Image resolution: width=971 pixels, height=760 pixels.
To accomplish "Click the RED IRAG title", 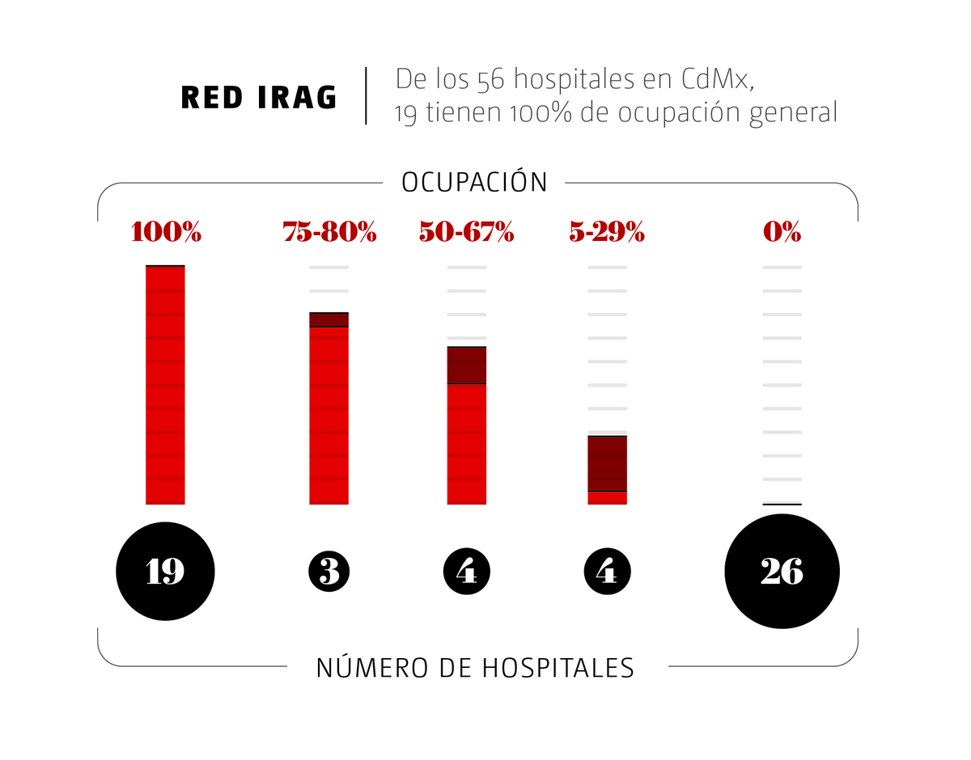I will pyautogui.click(x=259, y=97).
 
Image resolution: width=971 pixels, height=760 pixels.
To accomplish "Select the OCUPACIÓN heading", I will pyautogui.click(x=474, y=182).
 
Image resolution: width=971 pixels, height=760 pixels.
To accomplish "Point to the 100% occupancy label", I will pyautogui.click(x=166, y=233).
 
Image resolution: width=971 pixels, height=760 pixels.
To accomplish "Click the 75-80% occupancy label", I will pyautogui.click(x=329, y=233).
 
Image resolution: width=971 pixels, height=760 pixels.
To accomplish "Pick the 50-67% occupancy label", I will pyautogui.click(x=466, y=233).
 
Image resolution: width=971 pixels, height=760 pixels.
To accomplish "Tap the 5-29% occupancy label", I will pyautogui.click(x=606, y=233).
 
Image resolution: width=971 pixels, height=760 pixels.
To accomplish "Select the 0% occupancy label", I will pyautogui.click(x=782, y=233).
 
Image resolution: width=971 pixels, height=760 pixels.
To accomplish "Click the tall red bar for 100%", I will pyautogui.click(x=165, y=384).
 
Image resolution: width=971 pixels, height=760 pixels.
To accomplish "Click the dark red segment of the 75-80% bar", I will pyautogui.click(x=329, y=319).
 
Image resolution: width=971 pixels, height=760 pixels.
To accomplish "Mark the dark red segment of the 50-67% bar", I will pyautogui.click(x=467, y=365).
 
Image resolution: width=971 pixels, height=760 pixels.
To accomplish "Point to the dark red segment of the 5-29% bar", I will pyautogui.click(x=607, y=463).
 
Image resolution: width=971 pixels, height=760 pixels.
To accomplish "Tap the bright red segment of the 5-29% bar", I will pyautogui.click(x=607, y=498).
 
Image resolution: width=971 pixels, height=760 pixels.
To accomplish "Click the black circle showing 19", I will pyautogui.click(x=166, y=572).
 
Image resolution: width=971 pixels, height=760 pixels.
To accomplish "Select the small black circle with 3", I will pyautogui.click(x=329, y=572).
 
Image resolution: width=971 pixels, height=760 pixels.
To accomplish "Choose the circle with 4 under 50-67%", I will pyautogui.click(x=467, y=572).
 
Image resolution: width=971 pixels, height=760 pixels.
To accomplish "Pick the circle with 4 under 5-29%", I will pyautogui.click(x=607, y=572).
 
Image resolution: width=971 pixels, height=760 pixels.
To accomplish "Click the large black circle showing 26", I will pyautogui.click(x=782, y=572).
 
